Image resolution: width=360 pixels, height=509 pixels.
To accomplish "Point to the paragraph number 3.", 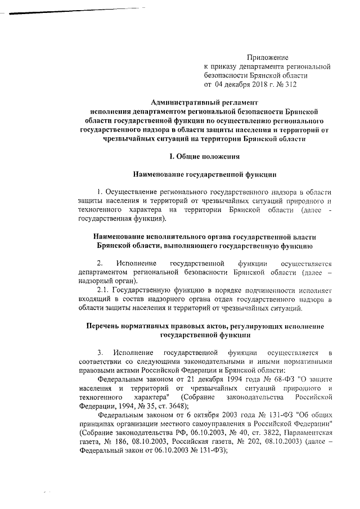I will click(x=99, y=353).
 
